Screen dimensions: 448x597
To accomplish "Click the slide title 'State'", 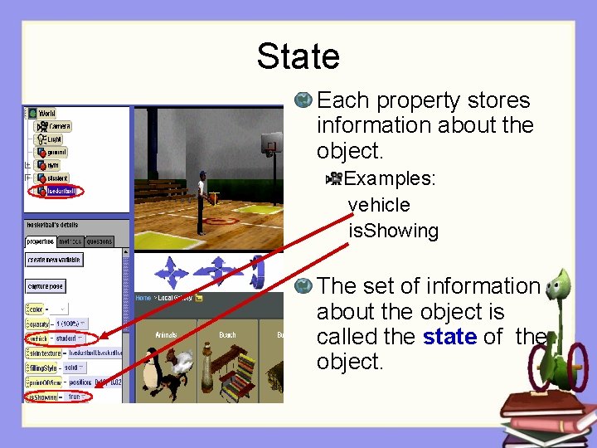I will pos(298,56).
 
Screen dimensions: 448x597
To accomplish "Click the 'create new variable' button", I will pos(54,260).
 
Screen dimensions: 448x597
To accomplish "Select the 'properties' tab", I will pos(40,241).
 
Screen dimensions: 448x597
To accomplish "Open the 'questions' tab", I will pos(99,241).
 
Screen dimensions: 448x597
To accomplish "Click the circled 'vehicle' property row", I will pos(62,338).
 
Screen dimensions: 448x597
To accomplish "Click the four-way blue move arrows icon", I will pos(172,272).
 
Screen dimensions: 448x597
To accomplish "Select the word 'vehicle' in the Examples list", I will pos(379,205).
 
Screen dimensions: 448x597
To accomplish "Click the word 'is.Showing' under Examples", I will pos(393,231).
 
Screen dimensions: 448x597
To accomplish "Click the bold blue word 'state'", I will pos(449,337).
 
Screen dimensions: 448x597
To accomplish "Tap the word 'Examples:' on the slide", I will pos(390,178).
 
